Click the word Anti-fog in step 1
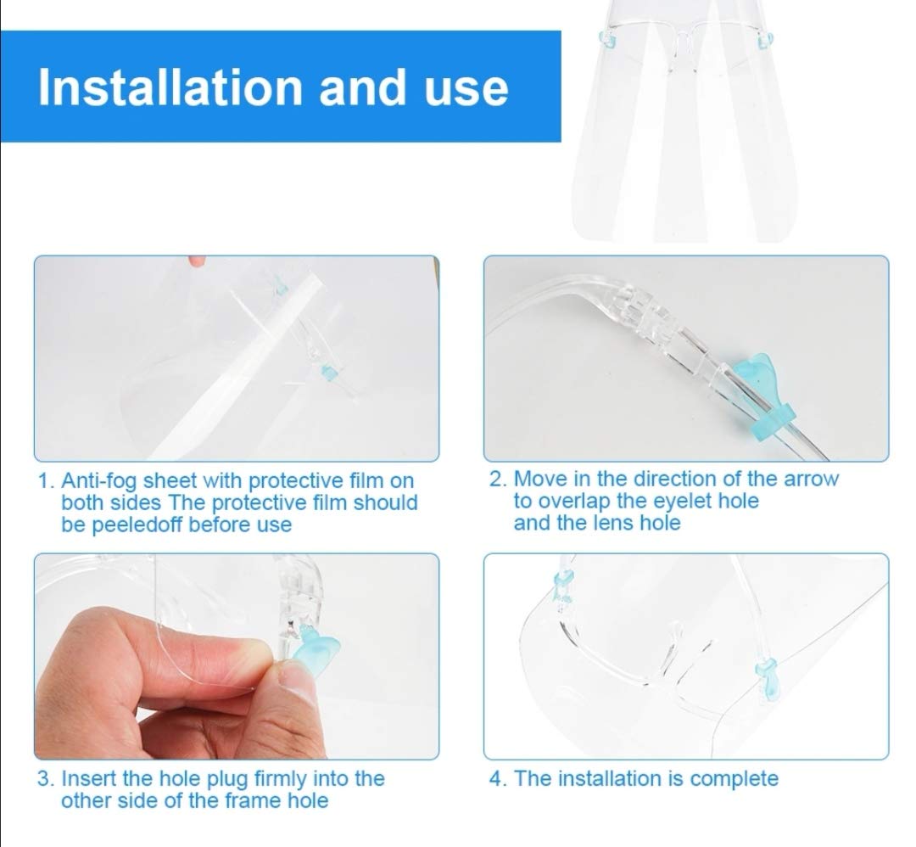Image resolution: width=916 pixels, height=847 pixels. click(99, 482)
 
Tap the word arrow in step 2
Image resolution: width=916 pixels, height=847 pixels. click(811, 480)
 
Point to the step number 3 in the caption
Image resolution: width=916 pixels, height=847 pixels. click(43, 779)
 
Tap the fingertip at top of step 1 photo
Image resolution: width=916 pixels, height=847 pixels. click(198, 260)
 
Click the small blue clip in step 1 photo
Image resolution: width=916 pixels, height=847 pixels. click(329, 373)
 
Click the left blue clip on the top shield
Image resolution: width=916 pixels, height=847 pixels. click(607, 40)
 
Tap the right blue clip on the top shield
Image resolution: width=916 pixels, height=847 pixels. click(765, 41)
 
